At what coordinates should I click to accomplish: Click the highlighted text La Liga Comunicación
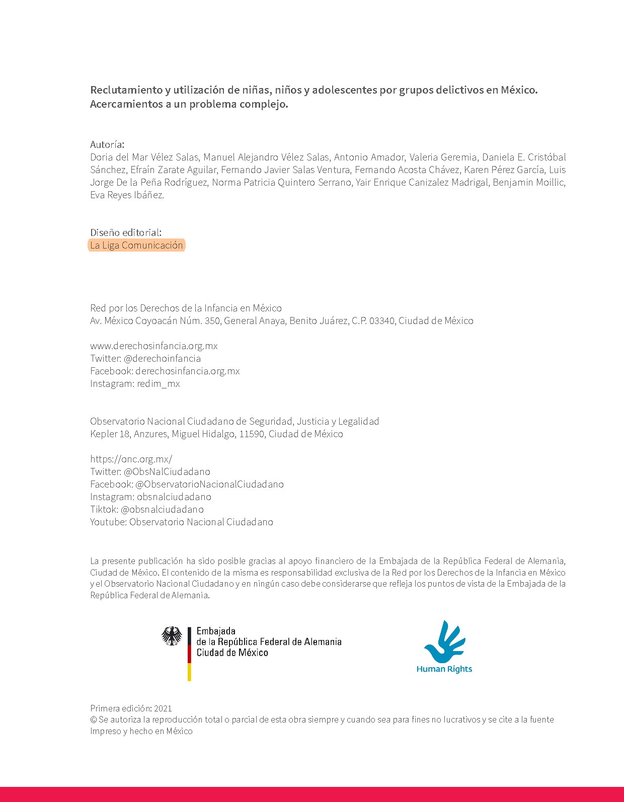click(136, 246)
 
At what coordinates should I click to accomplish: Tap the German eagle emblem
click(172, 636)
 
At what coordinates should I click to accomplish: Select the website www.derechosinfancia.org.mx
click(154, 346)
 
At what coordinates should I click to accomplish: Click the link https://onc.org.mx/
click(131, 459)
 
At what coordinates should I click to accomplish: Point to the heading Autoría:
click(107, 144)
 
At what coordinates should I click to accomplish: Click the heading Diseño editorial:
click(126, 232)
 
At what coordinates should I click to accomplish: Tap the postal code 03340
click(382, 320)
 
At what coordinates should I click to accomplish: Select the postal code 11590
click(252, 434)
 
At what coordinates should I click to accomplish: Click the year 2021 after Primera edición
click(163, 708)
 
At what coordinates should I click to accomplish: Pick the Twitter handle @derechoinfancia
click(162, 358)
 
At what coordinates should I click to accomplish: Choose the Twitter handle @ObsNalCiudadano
click(167, 471)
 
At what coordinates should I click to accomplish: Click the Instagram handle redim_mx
click(158, 383)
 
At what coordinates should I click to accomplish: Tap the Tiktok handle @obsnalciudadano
click(162, 509)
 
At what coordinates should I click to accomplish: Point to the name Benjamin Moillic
click(529, 182)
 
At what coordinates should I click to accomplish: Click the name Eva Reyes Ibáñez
click(127, 195)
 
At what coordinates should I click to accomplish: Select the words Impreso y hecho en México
click(141, 731)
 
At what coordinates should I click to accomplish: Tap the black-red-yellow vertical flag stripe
click(189, 654)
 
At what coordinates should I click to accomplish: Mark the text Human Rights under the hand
click(444, 669)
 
